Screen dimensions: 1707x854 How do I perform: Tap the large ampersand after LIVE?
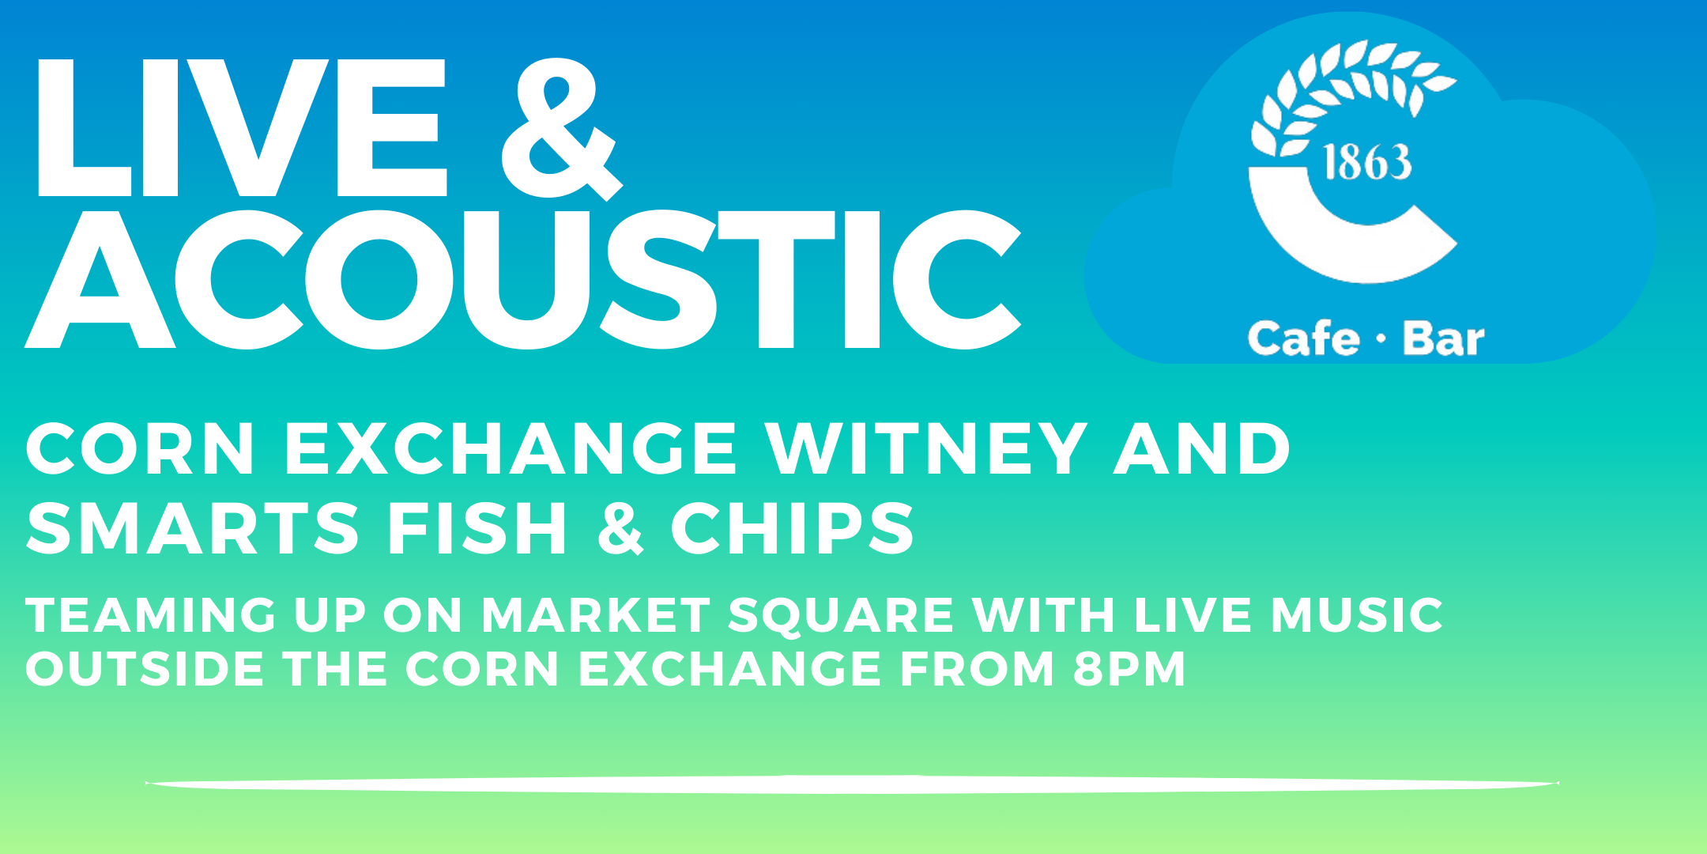(x=562, y=128)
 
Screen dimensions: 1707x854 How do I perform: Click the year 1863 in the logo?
(x=1366, y=163)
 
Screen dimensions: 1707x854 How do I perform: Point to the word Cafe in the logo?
(x=1304, y=338)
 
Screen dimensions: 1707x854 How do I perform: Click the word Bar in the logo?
(x=1444, y=339)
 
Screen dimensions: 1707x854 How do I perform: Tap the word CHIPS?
(x=793, y=528)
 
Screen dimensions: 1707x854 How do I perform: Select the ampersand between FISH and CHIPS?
(x=620, y=528)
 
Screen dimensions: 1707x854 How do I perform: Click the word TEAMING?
(x=151, y=615)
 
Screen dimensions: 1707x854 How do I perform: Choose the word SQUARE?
(x=840, y=616)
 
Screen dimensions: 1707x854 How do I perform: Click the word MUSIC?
(x=1357, y=615)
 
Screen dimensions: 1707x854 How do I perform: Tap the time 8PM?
(x=1129, y=669)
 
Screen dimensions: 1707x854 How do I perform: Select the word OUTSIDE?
(x=145, y=669)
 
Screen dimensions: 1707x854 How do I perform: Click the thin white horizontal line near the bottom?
(x=852, y=784)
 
